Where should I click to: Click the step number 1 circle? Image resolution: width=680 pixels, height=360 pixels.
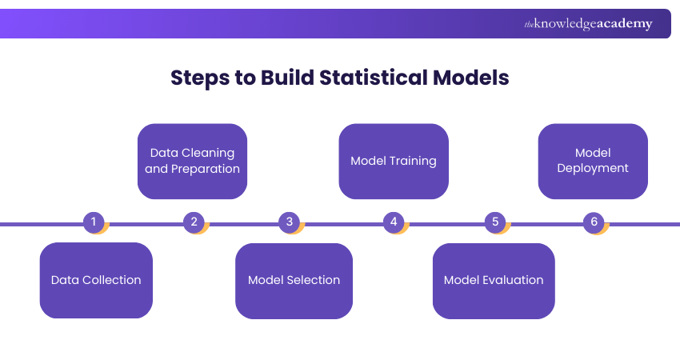coord(94,222)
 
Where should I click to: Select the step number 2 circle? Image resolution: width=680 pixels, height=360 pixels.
coord(194,222)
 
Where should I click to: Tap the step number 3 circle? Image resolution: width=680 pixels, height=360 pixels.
coord(290,222)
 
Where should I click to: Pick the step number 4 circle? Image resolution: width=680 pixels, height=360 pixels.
coord(393,222)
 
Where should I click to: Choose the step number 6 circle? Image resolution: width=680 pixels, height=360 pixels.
coord(594,222)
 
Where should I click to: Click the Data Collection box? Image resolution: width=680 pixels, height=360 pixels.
coord(96,280)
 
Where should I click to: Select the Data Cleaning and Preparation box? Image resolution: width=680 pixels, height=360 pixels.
coord(192,161)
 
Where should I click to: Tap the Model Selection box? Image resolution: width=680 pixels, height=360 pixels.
coord(294,280)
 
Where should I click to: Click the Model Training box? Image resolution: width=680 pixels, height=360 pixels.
coord(394,161)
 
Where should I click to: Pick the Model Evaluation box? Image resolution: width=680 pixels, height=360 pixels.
coord(494,280)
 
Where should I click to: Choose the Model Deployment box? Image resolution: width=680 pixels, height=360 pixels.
coord(593,161)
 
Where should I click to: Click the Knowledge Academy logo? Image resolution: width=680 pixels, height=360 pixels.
coord(588,24)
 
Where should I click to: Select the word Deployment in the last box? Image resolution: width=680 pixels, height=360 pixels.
coord(593,168)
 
